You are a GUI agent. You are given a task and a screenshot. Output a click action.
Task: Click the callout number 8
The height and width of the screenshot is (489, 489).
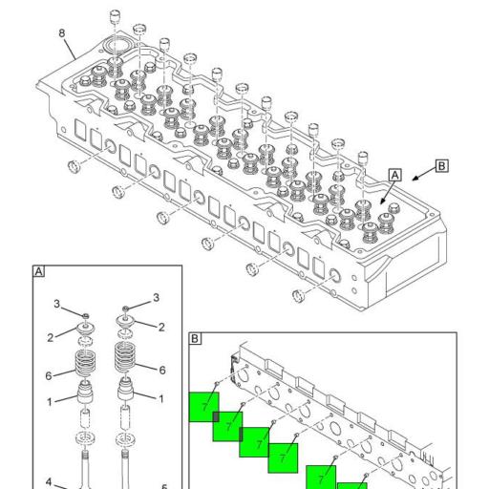62,33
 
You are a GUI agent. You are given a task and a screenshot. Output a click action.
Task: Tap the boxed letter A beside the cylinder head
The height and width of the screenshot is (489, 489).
394,175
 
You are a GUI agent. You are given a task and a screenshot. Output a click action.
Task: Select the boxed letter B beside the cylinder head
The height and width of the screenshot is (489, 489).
441,166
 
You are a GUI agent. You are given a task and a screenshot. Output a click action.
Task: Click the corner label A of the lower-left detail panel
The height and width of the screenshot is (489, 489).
38,271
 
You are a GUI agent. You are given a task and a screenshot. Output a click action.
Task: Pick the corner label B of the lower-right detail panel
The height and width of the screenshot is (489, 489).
195,338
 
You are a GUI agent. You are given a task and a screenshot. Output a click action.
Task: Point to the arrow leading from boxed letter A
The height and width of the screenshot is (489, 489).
388,192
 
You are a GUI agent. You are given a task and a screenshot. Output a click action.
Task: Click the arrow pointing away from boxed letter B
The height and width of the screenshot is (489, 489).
424,174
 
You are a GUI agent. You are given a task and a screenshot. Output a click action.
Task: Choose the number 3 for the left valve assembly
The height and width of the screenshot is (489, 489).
56,304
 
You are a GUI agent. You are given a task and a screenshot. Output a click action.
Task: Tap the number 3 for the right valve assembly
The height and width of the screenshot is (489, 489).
156,298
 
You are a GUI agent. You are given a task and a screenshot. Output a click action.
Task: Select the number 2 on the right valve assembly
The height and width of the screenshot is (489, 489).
161,328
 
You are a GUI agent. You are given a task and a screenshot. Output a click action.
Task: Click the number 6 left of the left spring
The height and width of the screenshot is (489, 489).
49,376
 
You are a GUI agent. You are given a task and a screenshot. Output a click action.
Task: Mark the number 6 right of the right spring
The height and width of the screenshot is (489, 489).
162,370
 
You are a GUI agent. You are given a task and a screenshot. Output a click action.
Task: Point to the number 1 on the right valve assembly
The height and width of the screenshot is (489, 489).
161,399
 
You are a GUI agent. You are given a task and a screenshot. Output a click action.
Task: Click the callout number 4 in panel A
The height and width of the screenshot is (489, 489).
49,482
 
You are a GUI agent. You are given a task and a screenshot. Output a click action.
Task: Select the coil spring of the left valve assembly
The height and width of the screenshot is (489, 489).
84,363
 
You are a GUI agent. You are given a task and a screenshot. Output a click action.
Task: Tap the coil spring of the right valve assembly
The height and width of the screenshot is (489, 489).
124,357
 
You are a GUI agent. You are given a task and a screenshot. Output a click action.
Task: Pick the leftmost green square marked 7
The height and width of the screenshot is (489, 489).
203,407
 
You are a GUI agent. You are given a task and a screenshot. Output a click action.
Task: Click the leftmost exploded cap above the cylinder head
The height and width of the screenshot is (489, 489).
115,17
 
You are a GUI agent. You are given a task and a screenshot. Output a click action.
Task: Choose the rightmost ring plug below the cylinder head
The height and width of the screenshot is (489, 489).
298,296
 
